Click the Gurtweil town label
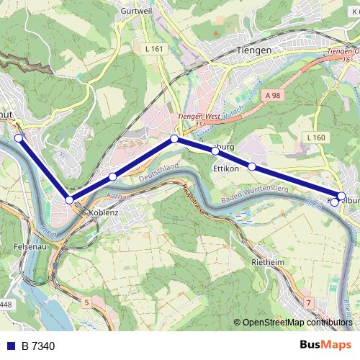(x=135, y=12)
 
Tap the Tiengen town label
(x=253, y=50)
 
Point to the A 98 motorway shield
(x=271, y=95)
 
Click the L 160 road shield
(x=315, y=138)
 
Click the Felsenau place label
(x=30, y=246)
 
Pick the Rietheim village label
(x=268, y=263)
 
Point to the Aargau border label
(x=99, y=196)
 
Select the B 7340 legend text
(x=38, y=346)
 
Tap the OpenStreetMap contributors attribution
(x=297, y=323)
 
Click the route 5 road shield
(x=87, y=303)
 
